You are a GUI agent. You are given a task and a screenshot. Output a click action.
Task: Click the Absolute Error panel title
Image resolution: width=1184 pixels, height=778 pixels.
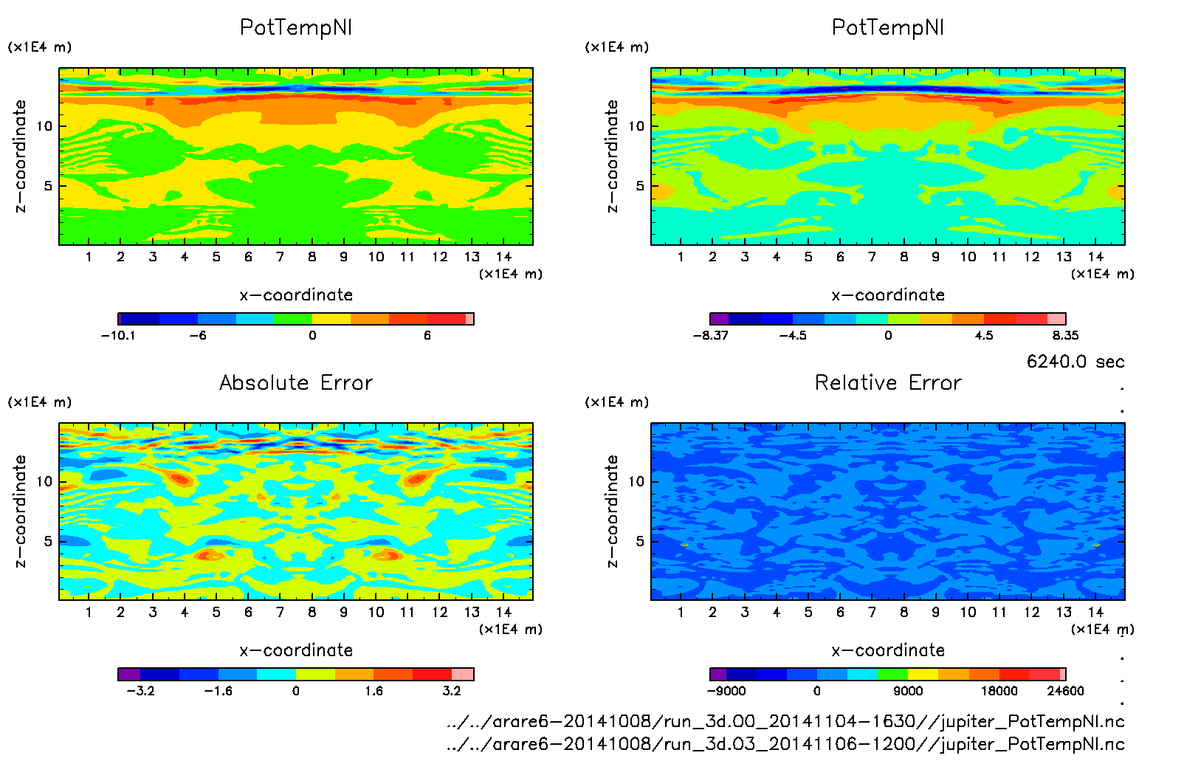click(296, 382)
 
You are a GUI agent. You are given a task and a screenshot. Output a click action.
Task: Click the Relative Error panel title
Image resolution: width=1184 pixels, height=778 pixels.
click(888, 382)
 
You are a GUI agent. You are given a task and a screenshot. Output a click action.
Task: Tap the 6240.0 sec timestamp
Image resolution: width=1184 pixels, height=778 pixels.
click(1075, 362)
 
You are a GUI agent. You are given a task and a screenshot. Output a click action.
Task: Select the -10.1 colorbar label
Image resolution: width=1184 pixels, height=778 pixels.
click(118, 336)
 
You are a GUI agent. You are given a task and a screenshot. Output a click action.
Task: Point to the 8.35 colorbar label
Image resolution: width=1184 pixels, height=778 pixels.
click(1065, 336)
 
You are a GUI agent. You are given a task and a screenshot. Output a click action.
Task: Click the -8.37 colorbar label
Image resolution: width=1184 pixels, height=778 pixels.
click(710, 336)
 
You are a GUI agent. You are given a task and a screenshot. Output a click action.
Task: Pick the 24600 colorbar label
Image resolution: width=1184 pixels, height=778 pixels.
click(1065, 692)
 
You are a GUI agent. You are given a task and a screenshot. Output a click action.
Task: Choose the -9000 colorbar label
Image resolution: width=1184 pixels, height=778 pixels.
click(726, 692)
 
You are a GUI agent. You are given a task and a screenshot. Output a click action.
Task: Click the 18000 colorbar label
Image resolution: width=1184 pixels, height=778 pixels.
click(999, 692)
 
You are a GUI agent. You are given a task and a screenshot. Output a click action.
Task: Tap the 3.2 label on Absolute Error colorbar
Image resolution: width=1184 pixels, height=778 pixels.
click(452, 692)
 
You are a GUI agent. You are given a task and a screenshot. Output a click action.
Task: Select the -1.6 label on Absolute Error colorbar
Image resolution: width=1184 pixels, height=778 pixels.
click(218, 692)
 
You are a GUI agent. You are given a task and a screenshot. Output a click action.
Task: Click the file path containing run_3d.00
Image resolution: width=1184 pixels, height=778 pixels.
click(785, 721)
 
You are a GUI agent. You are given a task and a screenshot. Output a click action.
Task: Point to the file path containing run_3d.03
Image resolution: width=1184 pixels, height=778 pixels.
click(785, 744)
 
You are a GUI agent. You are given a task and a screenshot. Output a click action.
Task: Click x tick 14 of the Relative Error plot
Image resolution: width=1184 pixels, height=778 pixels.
click(1095, 613)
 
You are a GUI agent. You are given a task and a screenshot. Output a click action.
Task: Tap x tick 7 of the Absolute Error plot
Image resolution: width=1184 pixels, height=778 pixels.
click(280, 613)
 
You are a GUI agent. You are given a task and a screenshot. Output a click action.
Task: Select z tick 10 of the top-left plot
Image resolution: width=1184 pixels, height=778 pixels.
click(45, 126)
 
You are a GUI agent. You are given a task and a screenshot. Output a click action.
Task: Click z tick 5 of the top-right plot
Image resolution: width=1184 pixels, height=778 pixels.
click(640, 186)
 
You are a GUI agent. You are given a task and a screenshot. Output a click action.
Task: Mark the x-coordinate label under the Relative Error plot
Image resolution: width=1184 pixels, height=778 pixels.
click(888, 650)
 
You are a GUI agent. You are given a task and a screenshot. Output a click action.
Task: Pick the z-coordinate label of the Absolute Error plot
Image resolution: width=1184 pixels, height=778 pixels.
click(20, 511)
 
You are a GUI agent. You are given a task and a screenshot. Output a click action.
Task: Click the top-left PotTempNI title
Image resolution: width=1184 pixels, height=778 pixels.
click(296, 27)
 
